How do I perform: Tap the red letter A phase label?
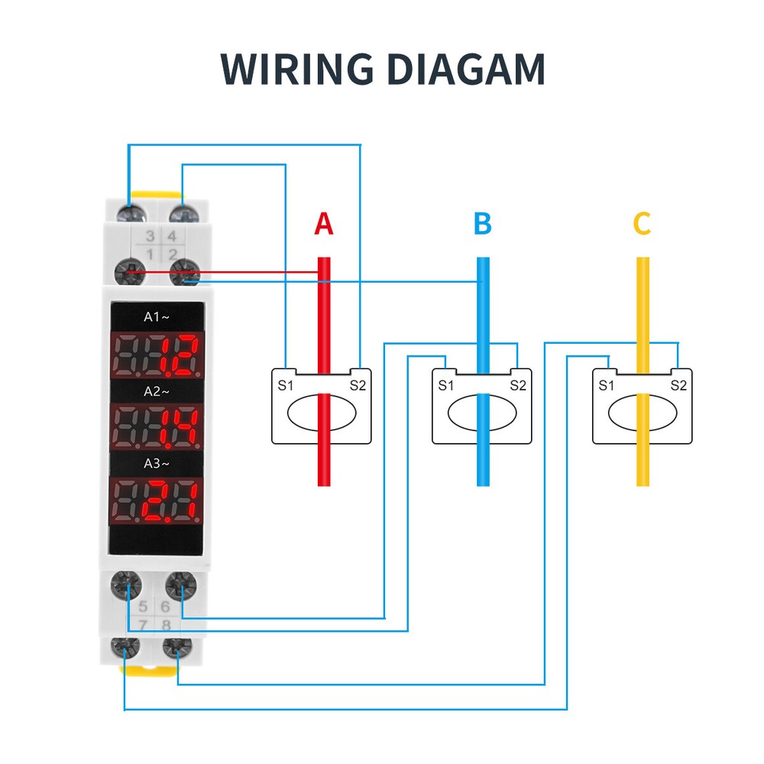pyautogui.click(x=324, y=224)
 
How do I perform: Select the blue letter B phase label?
pyautogui.click(x=482, y=224)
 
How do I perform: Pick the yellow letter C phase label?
pyautogui.click(x=642, y=224)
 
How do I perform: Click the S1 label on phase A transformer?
pyautogui.click(x=285, y=385)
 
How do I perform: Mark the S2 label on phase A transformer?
pyautogui.click(x=358, y=385)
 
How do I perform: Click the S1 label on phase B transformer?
pyautogui.click(x=445, y=385)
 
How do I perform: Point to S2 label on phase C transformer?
pyautogui.click(x=678, y=385)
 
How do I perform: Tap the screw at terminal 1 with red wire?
pyautogui.click(x=131, y=272)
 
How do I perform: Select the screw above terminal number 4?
pyautogui.click(x=182, y=211)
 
